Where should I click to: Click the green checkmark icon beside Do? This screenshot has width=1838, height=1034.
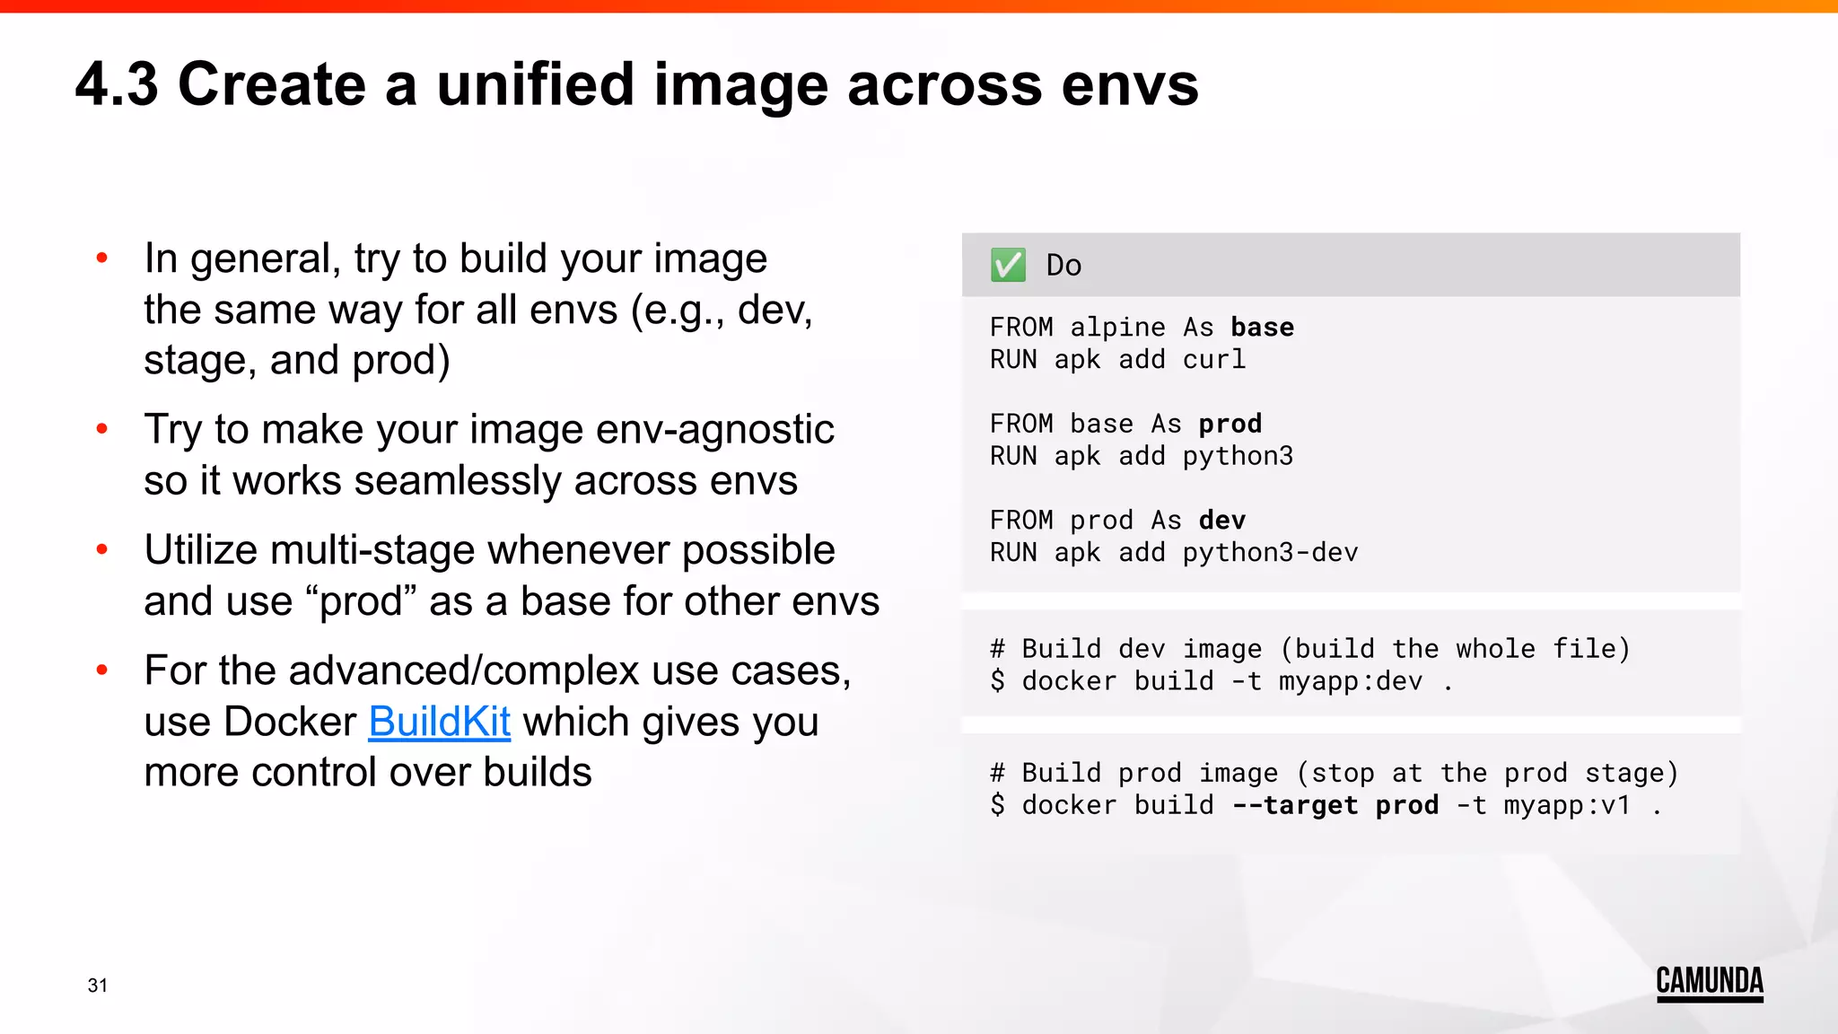pyautogui.click(x=1008, y=265)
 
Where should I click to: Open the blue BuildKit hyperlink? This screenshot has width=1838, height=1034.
pyautogui.click(x=439, y=722)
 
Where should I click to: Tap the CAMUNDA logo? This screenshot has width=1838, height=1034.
pyautogui.click(x=1709, y=982)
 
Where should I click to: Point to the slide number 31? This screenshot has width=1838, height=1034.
pyautogui.click(x=98, y=986)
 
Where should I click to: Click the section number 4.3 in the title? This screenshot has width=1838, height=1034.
pyautogui.click(x=117, y=85)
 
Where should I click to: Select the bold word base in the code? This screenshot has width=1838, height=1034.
pyautogui.click(x=1262, y=328)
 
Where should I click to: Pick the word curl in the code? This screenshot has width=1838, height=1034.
pyautogui.click(x=1213, y=360)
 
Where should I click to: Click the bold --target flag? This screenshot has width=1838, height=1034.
pyautogui.click(x=1294, y=805)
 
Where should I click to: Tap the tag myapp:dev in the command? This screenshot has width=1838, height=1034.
pyautogui.click(x=1350, y=681)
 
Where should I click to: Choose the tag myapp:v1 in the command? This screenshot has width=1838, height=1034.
pyautogui.click(x=1566, y=805)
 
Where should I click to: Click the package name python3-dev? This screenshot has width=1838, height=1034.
pyautogui.click(x=1270, y=553)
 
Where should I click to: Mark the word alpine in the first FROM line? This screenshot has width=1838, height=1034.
pyautogui.click(x=1117, y=328)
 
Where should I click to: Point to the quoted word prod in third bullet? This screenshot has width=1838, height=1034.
pyautogui.click(x=367, y=601)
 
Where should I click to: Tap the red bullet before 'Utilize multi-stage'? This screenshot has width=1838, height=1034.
pyautogui.click(x=102, y=549)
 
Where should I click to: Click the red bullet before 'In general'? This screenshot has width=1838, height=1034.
pyautogui.click(x=102, y=258)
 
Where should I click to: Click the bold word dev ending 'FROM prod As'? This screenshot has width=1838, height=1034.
pyautogui.click(x=1221, y=521)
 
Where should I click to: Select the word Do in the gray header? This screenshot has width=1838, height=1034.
pyautogui.click(x=1063, y=266)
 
